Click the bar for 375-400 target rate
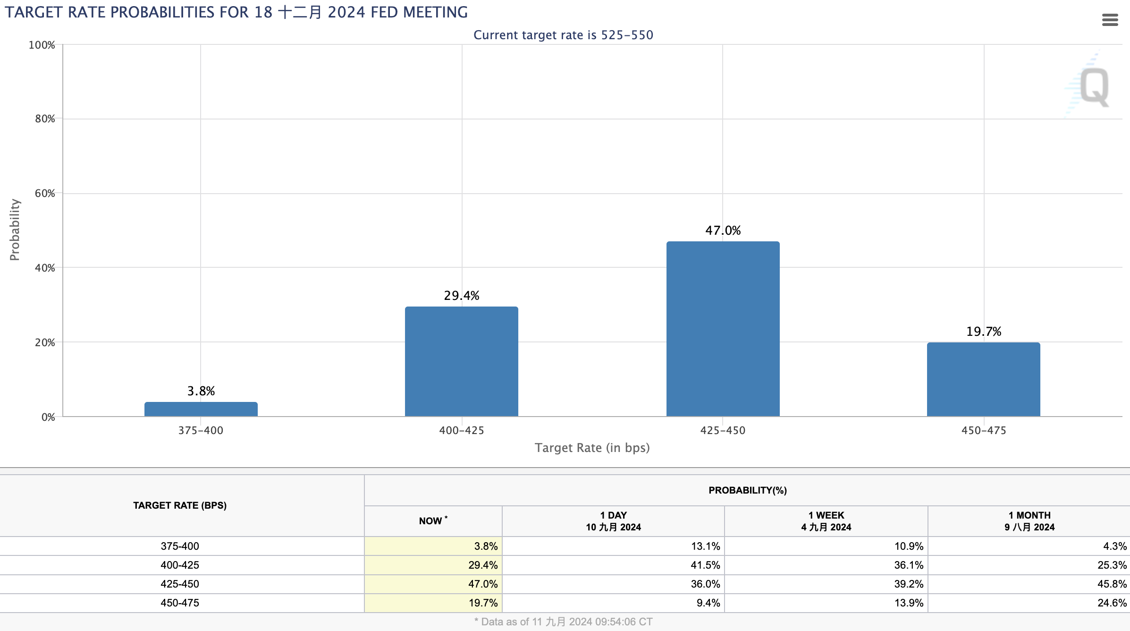coord(201,409)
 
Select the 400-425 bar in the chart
coord(461,361)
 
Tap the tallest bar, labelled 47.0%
coord(723,329)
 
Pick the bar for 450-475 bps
coord(983,379)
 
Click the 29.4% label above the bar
coord(461,296)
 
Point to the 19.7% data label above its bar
coord(983,332)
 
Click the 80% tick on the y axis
coord(45,119)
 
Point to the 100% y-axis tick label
coord(42,45)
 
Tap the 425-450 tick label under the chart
coord(723,430)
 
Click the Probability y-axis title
coord(15,230)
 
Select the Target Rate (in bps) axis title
coord(592,448)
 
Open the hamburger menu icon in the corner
coord(1110,20)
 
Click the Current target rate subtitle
coord(563,35)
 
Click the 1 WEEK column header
coord(826,521)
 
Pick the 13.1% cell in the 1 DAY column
coord(705,546)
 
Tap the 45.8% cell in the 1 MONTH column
coord(1112,584)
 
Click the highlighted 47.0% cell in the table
coord(482,584)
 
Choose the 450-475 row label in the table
coord(180,603)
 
